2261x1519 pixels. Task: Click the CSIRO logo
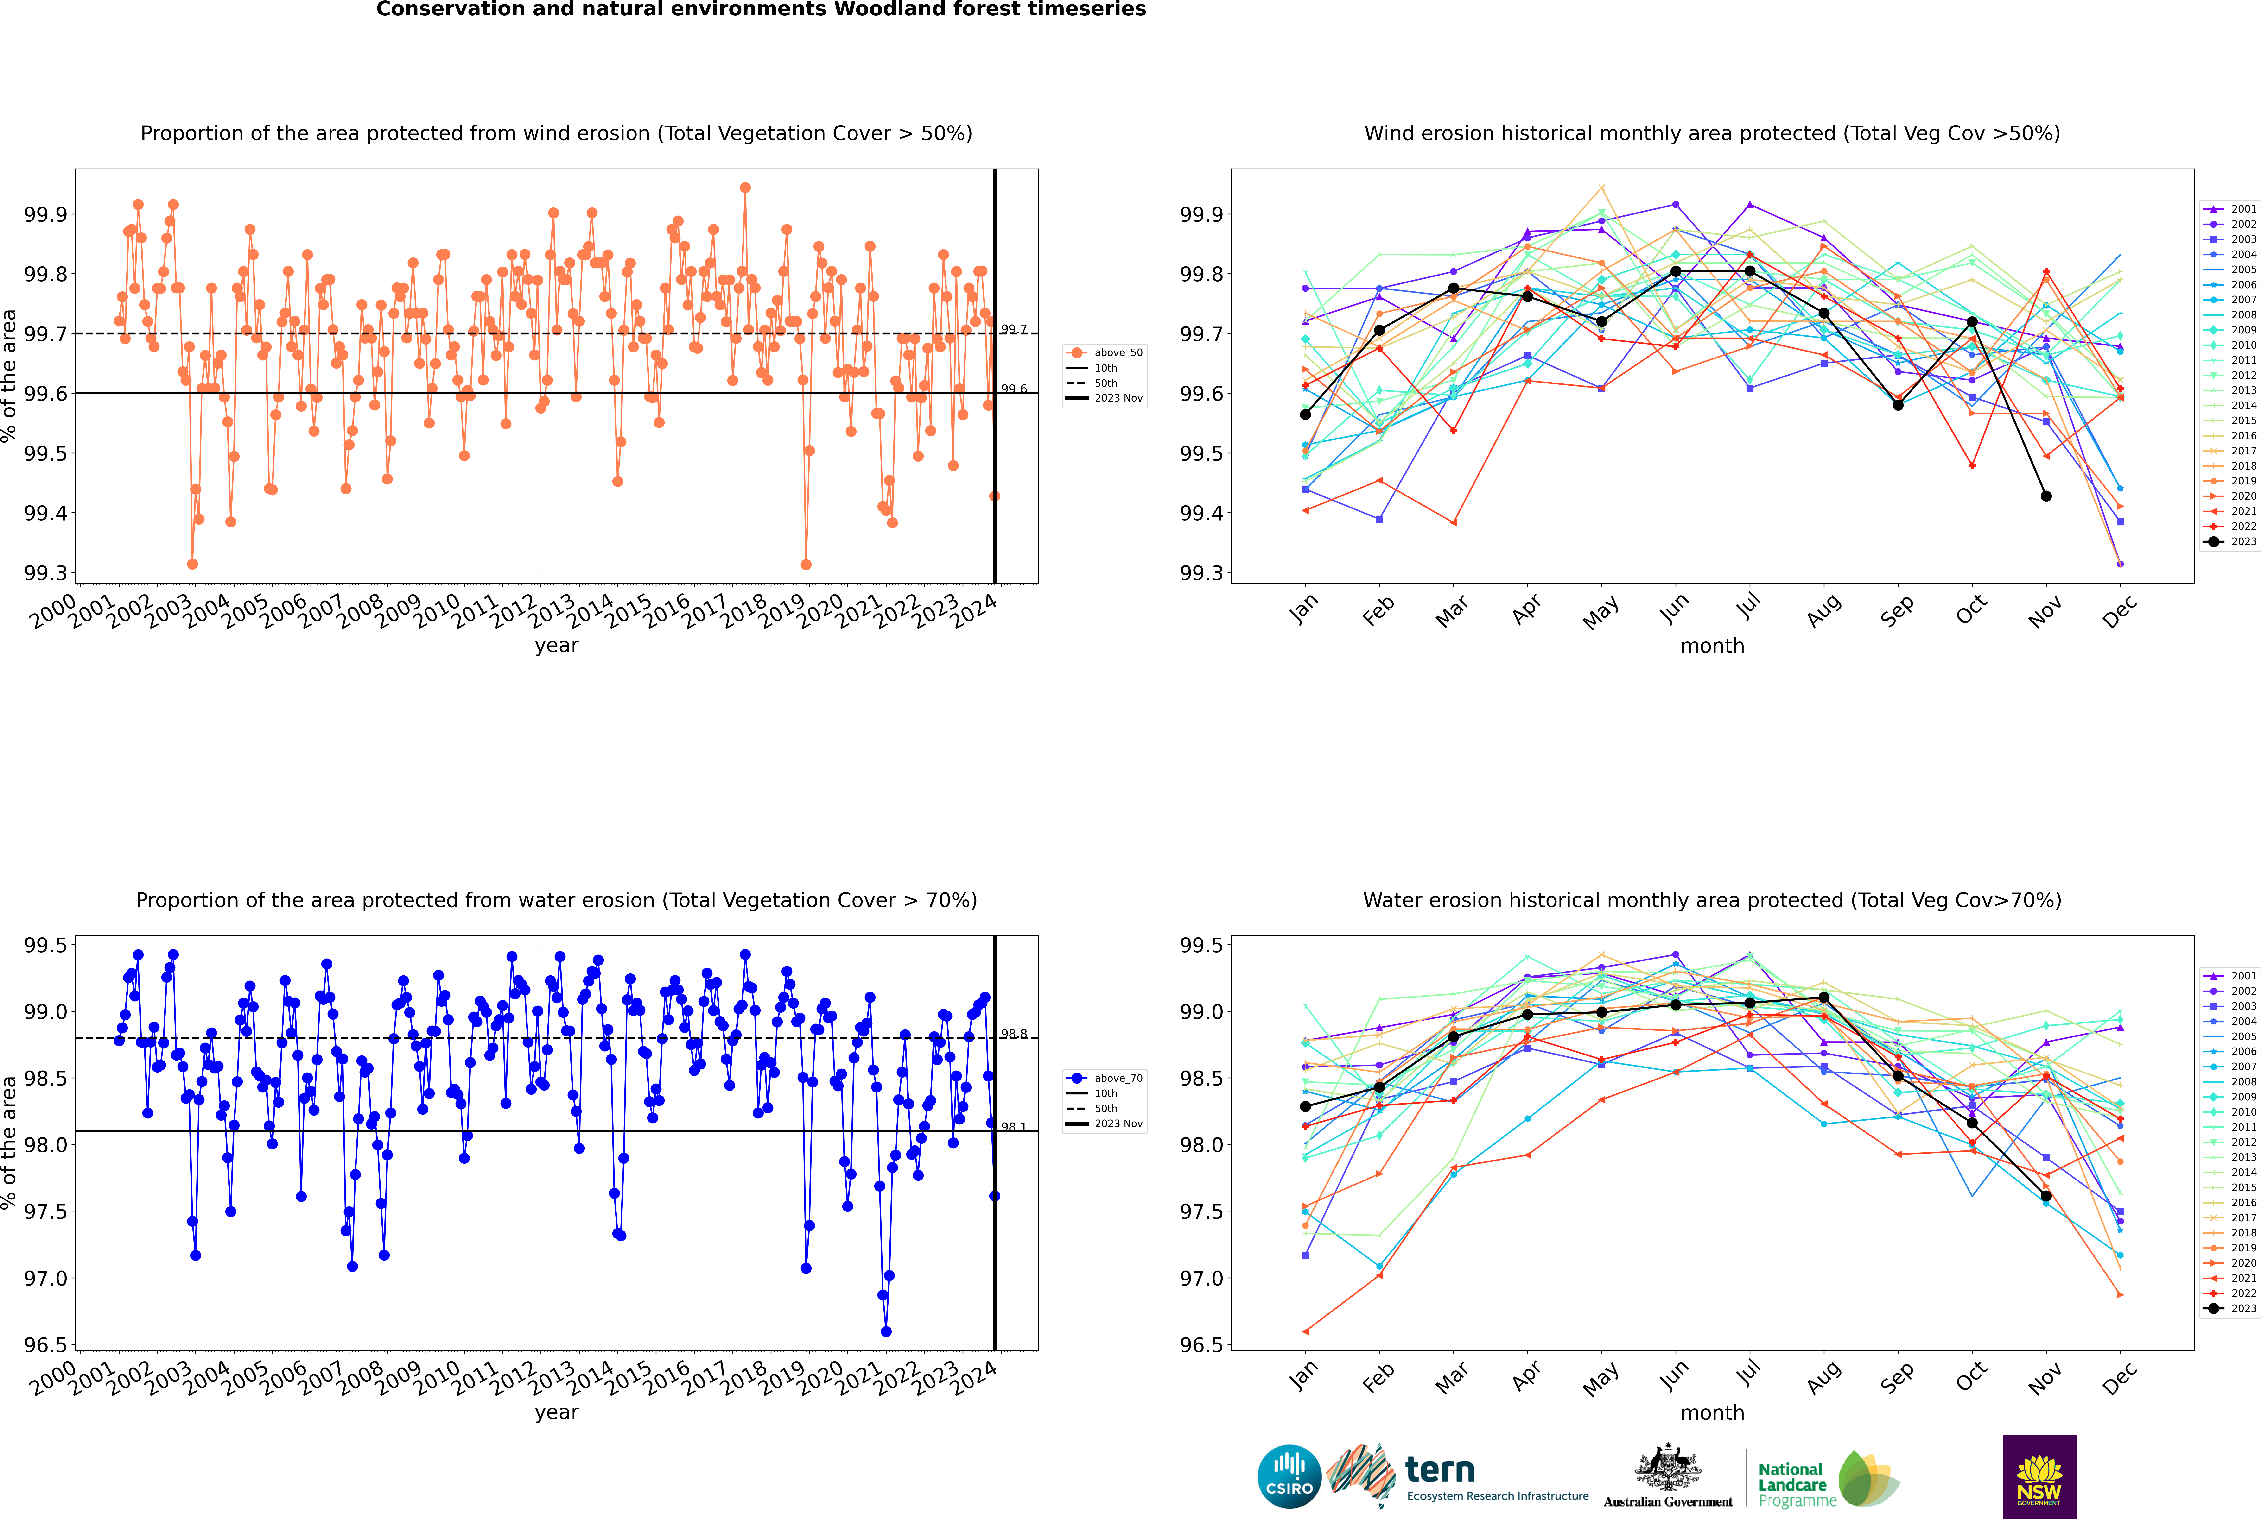point(1289,1476)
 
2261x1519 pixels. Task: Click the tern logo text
point(1440,1471)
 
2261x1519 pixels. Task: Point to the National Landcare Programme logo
point(1828,1479)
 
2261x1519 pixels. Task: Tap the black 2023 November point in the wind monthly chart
point(2046,496)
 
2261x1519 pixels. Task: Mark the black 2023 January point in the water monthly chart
point(1305,1106)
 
